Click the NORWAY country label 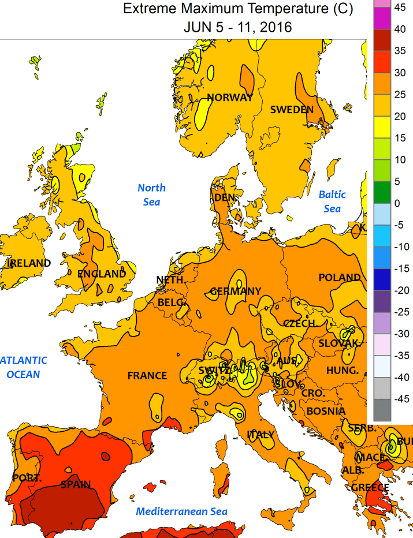pos(230,98)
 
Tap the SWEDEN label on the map pos(292,110)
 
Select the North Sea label pos(151,195)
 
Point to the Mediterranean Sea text pos(181,511)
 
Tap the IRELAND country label pos(28,263)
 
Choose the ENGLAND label pos(101,274)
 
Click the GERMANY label pos(235,292)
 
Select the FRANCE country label pos(147,376)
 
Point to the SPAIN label pos(76,485)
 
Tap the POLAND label pos(340,278)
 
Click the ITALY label pos(261,435)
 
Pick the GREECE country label pos(370,488)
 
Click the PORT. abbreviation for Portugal pos(27,478)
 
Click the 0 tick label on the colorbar pos(397,203)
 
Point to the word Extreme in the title pos(149,9)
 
